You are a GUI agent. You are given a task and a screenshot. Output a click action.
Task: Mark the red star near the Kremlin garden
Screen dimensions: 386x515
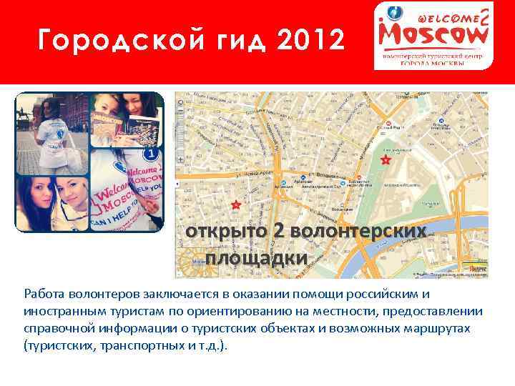pos(386,160)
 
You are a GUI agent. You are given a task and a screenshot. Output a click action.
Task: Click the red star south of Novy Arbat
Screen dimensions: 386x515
pos(236,205)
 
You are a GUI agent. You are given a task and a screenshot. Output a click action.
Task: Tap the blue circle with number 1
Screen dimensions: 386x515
pos(151,154)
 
